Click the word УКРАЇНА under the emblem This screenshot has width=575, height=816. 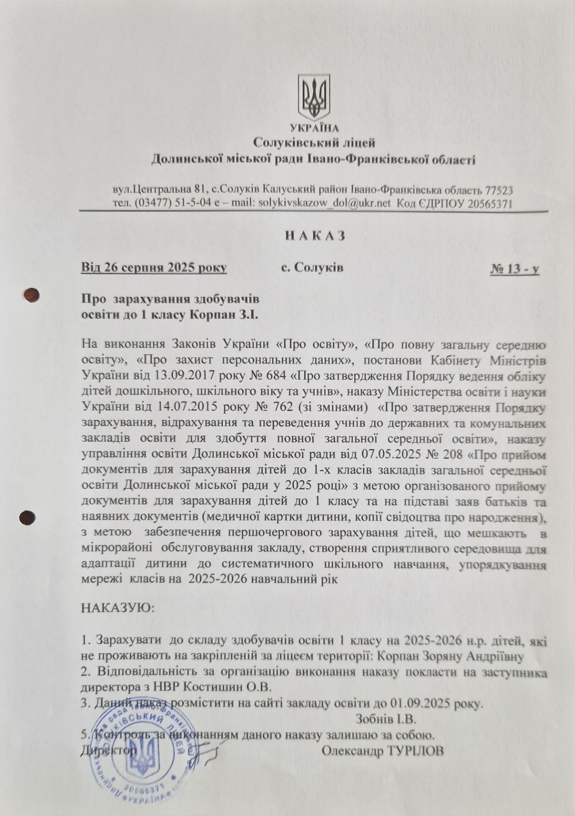(313, 127)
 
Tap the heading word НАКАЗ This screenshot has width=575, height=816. (315, 236)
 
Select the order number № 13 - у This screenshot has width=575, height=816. (514, 269)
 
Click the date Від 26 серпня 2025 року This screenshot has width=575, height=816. (154, 268)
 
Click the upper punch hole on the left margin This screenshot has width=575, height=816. (32, 295)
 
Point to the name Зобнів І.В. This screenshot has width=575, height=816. (386, 720)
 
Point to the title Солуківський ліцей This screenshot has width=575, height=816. (314, 143)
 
